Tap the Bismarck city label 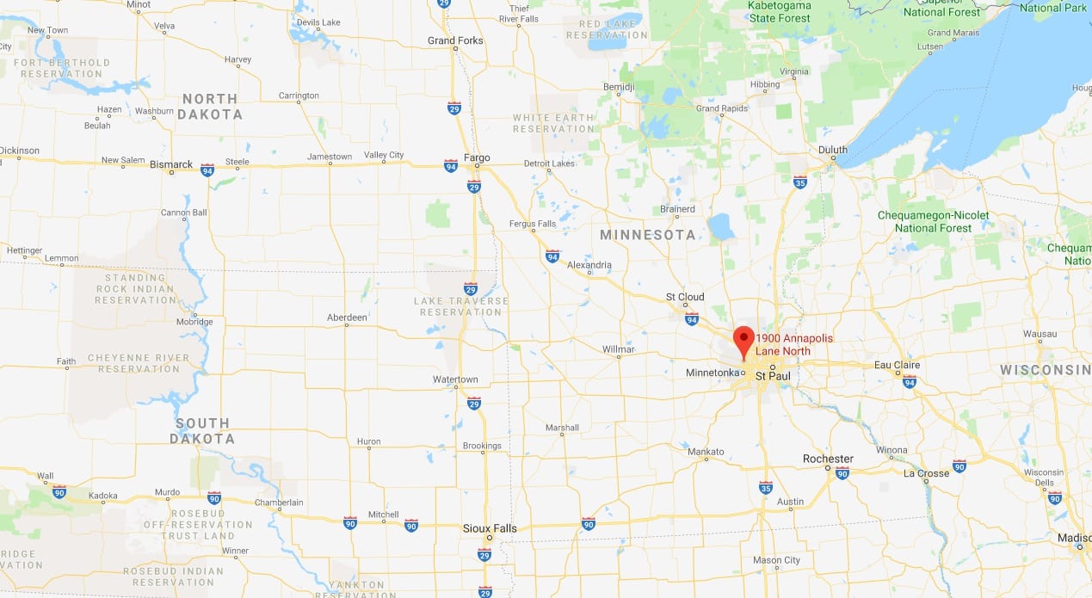point(170,163)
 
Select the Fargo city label point(476,157)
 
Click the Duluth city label point(832,150)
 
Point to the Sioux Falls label point(489,528)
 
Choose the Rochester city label point(828,459)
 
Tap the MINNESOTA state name point(648,235)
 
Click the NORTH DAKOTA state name point(212,107)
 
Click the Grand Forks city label point(455,40)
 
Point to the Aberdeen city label point(347,317)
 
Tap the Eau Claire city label point(897,365)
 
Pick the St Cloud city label point(685,297)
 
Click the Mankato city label point(706,452)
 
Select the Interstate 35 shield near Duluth point(799,182)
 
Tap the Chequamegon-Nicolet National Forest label point(933,221)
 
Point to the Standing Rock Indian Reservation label point(136,288)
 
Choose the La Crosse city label point(926,473)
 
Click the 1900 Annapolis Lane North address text point(793,344)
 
